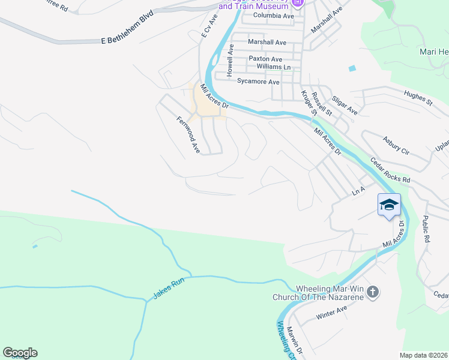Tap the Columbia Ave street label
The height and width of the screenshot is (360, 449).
274,16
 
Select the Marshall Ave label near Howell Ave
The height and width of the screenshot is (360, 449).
267,43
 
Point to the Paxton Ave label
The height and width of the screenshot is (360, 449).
265,59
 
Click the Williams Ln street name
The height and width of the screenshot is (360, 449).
273,67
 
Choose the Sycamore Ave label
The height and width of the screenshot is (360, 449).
259,82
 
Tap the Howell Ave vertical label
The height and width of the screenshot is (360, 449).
229,62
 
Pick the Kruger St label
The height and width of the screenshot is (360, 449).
309,103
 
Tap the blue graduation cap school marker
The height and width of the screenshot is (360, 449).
388,205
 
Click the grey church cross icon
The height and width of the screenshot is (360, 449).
372,293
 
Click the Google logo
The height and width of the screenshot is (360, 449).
20,353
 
